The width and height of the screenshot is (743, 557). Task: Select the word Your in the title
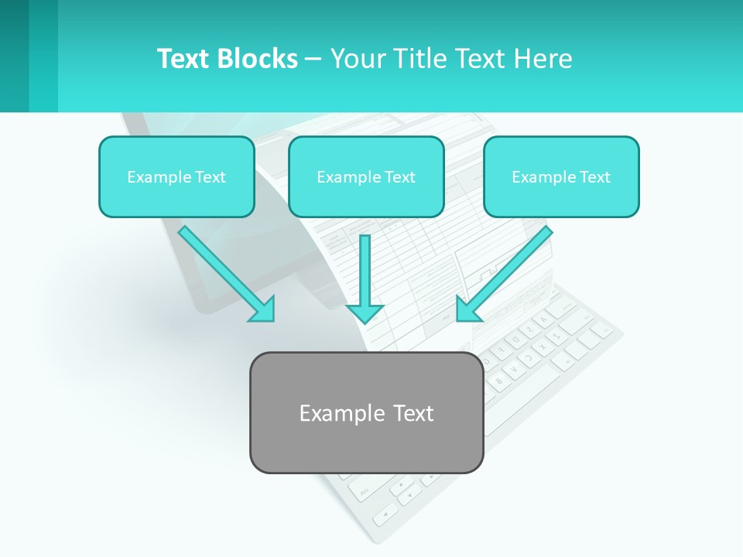pos(359,59)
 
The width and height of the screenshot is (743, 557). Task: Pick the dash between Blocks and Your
pos(313,60)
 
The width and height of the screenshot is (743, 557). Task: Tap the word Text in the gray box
pos(413,413)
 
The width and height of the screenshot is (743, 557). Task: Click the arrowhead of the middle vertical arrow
pos(365,313)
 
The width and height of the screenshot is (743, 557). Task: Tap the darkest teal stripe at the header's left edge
pos(14,56)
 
